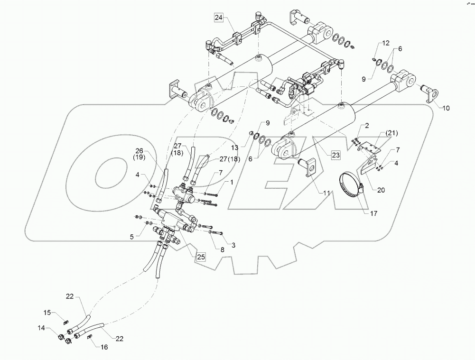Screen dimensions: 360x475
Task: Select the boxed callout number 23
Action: [x=336, y=154]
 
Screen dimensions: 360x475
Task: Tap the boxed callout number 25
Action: [x=201, y=257]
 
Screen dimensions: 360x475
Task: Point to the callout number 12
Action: [x=386, y=44]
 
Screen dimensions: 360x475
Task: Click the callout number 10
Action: [x=447, y=108]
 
